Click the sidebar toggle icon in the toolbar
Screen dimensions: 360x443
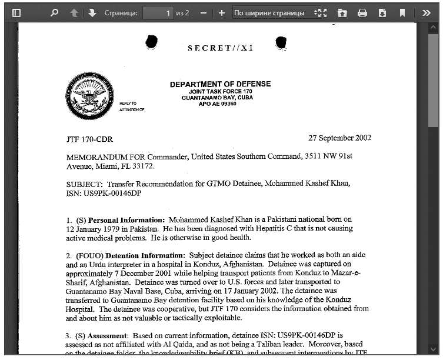[16, 12]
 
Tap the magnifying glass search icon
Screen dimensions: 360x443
[55, 12]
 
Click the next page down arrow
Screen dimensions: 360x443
[92, 12]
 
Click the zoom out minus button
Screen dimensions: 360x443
[203, 12]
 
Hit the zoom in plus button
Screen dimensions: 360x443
[222, 12]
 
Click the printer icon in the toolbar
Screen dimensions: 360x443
[362, 12]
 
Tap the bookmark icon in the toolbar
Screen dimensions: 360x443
[402, 12]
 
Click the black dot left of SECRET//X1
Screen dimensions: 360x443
[151, 42]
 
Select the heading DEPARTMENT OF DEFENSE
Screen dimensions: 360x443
[220, 84]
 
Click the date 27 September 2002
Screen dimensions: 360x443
[339, 138]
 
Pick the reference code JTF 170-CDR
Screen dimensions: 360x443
[89, 140]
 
